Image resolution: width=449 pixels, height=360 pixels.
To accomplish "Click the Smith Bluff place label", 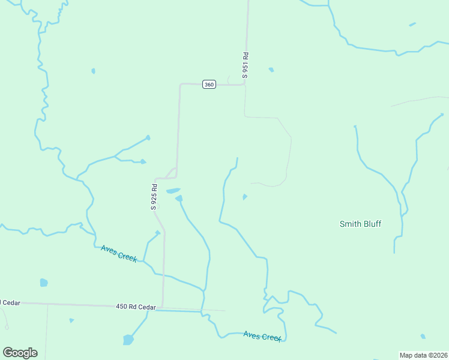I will pos(360,224).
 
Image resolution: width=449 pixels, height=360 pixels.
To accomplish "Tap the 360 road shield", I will pos(208,85).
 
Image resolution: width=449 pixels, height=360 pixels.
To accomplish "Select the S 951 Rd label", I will pos(245,65).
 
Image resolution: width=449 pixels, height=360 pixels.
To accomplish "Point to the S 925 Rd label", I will pos(154,196).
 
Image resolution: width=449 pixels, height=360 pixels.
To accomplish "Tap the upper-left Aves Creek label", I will pos(119,253).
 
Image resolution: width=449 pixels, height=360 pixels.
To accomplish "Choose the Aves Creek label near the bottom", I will pos(262,336).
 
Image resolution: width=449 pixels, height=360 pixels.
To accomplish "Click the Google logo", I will pos(20,352).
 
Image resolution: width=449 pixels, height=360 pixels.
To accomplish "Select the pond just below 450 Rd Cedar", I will pos(128,340).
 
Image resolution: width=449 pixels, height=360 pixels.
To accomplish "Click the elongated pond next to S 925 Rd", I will pos(173,191).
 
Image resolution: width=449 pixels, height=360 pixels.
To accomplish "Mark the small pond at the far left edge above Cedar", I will pos(43,282).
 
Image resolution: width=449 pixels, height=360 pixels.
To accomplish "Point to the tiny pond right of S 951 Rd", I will pos(271,70).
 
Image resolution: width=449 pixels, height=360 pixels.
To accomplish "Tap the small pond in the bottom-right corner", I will pos(423,336).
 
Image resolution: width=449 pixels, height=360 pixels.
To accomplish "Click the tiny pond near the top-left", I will pos(93,71).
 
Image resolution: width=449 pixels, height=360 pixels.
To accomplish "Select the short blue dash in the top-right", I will pos(412,25).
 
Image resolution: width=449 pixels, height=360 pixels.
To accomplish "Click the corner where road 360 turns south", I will pos(180,85).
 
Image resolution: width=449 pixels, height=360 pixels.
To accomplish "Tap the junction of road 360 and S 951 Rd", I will pos(245,84).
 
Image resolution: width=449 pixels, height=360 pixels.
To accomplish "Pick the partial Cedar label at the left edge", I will pos(10,302).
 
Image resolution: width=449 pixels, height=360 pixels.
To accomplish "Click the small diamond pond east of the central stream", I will pos(244,197).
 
